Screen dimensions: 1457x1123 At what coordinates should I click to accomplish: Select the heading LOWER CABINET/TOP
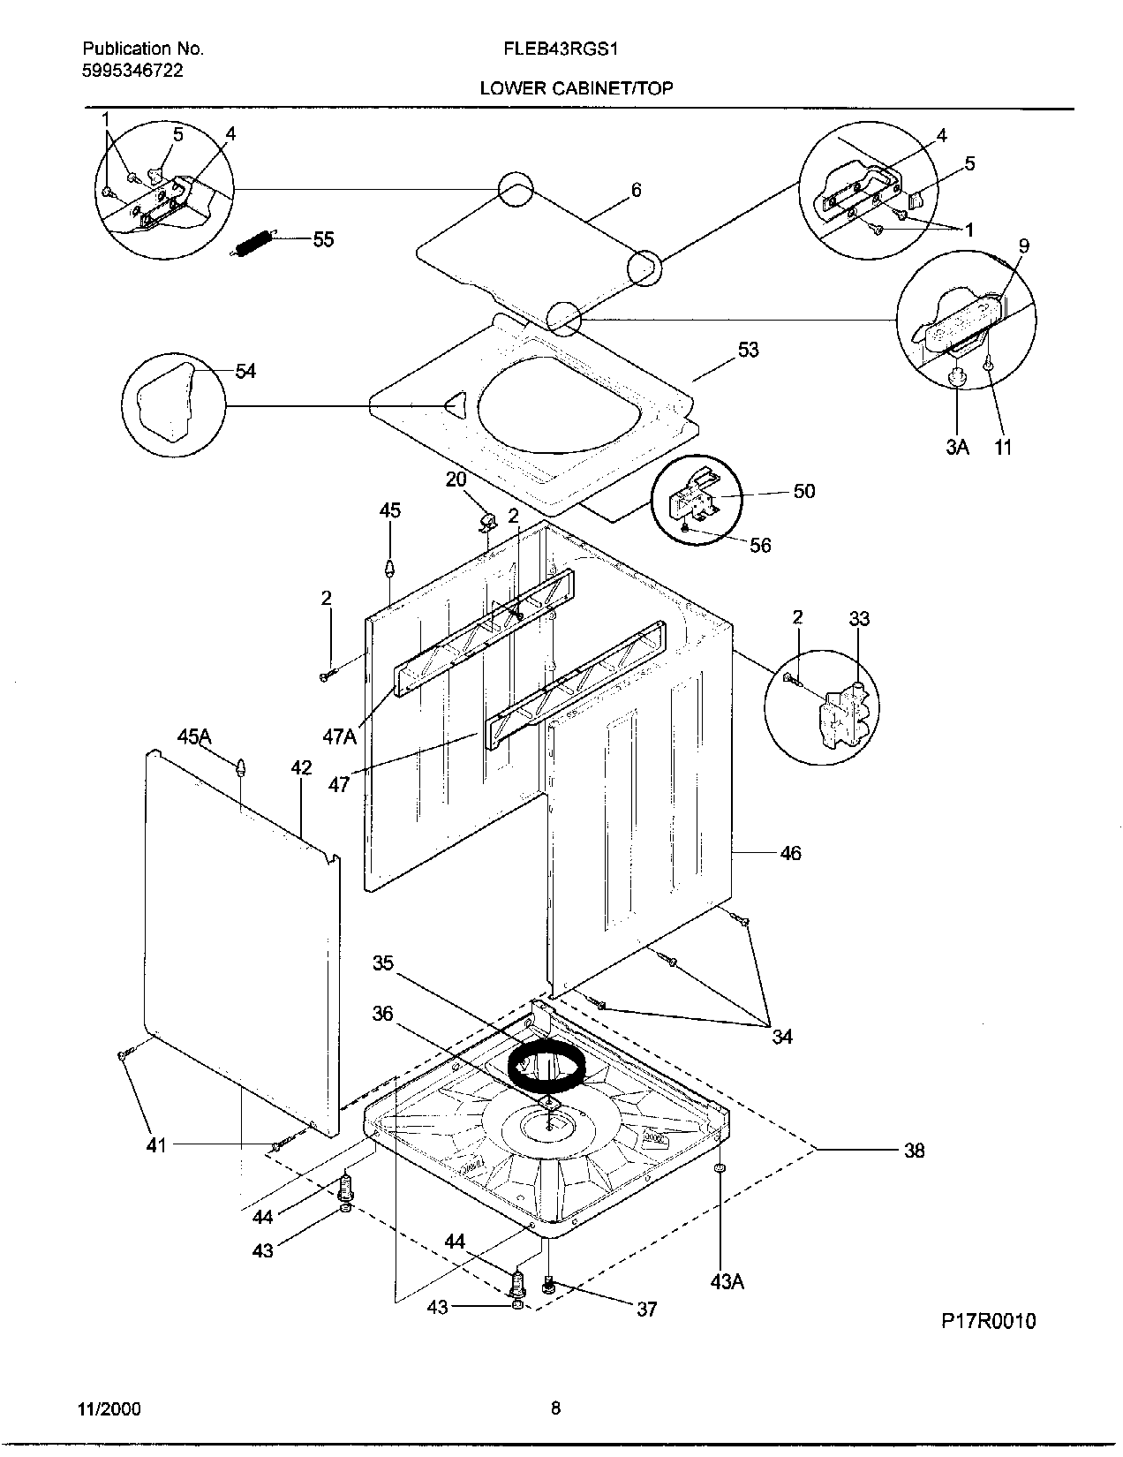click(576, 87)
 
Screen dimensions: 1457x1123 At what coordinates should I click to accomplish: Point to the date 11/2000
click(109, 1408)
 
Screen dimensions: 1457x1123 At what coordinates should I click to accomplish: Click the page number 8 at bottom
click(555, 1408)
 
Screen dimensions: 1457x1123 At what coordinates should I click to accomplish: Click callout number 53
click(748, 351)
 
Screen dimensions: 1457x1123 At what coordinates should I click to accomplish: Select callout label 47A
click(339, 735)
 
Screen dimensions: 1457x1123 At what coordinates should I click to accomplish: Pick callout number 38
click(914, 1150)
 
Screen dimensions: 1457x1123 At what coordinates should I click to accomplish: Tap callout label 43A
click(727, 1281)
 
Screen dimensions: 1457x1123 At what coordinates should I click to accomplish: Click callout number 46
click(790, 853)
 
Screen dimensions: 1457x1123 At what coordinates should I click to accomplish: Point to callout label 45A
click(194, 736)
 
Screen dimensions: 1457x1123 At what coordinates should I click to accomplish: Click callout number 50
click(803, 492)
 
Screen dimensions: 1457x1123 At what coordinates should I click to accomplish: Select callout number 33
click(859, 619)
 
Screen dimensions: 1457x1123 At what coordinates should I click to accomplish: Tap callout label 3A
click(958, 447)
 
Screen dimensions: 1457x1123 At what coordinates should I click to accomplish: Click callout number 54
click(245, 372)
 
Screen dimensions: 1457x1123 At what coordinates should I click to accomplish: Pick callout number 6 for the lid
click(636, 190)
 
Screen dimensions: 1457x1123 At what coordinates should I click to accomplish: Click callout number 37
click(647, 1309)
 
